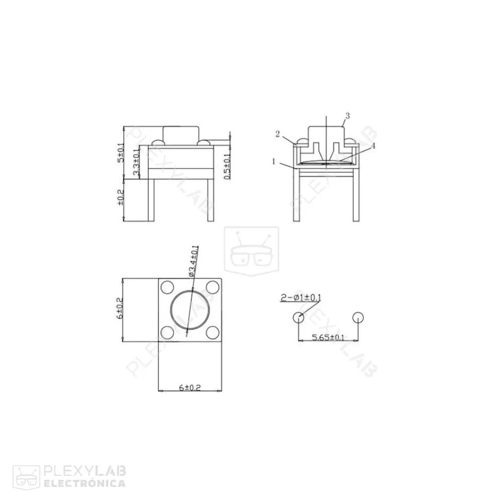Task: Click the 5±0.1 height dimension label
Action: [x=120, y=152]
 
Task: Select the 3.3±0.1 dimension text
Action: [x=136, y=162]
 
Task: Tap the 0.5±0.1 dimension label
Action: [x=227, y=166]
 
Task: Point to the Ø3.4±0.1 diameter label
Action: [x=193, y=261]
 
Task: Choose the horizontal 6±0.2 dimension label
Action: [x=190, y=387]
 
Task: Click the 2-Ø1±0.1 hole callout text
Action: [x=301, y=298]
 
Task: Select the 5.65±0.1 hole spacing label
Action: [x=328, y=337]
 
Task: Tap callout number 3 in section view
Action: [x=347, y=116]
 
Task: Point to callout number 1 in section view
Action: [x=273, y=161]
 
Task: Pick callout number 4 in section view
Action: [x=373, y=146]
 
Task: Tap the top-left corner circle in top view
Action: [x=167, y=287]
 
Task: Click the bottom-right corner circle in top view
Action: [x=213, y=332]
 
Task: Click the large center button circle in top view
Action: [x=190, y=310]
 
